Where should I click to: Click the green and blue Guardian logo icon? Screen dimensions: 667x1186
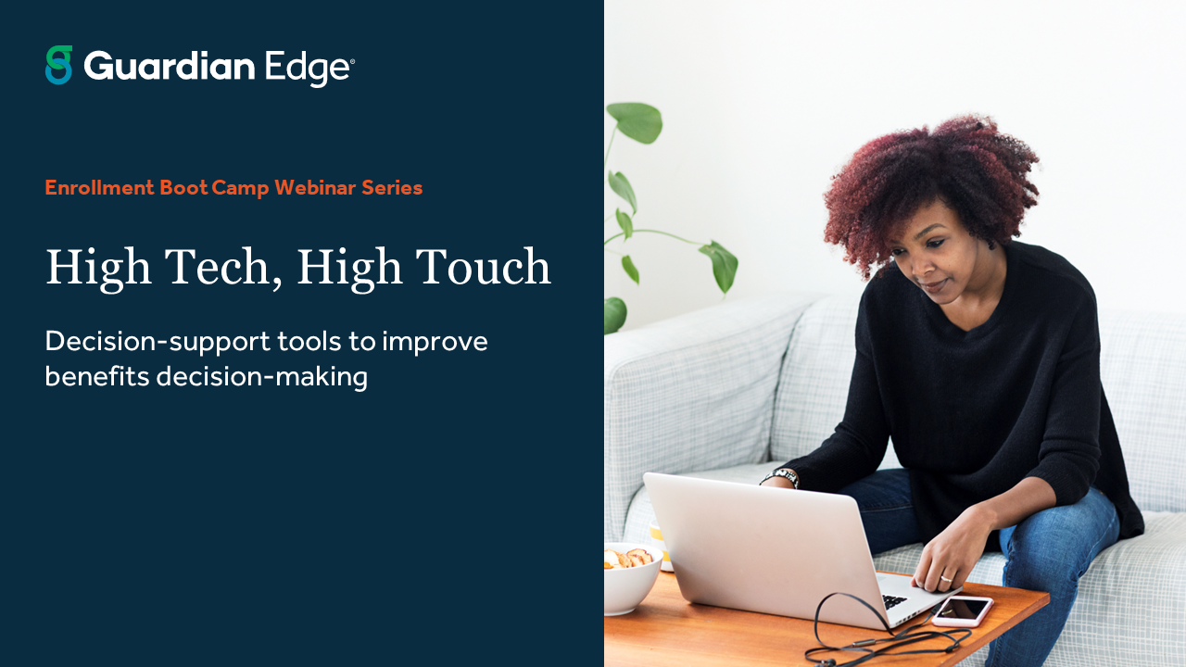click(58, 65)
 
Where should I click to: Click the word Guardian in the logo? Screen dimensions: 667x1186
click(169, 67)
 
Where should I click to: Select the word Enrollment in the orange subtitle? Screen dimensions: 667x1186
click(99, 188)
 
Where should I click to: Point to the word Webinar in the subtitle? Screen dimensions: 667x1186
click(315, 188)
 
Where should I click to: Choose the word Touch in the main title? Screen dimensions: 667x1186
click(485, 267)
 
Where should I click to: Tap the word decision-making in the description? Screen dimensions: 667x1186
click(262, 378)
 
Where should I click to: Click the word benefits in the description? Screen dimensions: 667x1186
click(97, 378)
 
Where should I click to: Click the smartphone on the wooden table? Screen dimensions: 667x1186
click(962, 610)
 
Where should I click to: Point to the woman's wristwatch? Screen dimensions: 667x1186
click(785, 476)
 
